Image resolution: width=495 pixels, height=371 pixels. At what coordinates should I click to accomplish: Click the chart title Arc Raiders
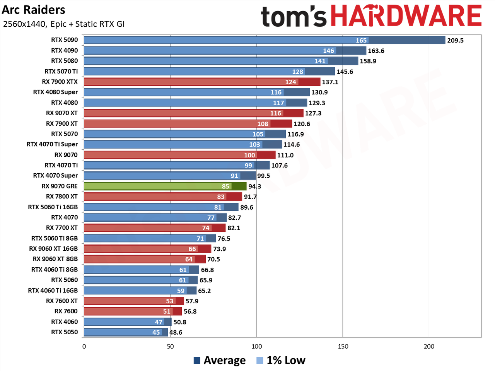point(33,10)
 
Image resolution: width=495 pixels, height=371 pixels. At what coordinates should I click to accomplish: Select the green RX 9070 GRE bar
point(165,186)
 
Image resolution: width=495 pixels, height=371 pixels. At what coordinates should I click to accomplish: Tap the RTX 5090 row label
point(64,40)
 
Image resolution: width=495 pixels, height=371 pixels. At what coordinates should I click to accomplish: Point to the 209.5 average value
point(455,40)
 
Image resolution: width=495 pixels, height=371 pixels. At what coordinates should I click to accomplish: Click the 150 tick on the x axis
point(343,346)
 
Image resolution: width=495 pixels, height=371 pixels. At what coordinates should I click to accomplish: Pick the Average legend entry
point(220,361)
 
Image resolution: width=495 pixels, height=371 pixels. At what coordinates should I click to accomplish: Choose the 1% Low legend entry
point(281,361)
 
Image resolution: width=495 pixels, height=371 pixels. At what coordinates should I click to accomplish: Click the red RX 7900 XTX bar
point(202,82)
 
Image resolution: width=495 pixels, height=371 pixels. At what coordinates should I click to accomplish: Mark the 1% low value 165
point(361,40)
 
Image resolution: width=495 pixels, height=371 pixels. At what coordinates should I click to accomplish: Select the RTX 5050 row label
point(64,332)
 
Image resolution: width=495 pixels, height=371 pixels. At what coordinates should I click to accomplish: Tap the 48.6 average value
point(176,332)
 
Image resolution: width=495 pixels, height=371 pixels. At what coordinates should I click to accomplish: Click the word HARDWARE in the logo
point(406,16)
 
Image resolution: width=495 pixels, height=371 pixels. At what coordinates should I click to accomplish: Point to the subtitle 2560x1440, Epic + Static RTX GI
point(63,24)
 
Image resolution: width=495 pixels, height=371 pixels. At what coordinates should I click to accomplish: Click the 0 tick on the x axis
point(84,346)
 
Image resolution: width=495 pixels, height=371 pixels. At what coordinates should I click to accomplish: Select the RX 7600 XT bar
point(134,301)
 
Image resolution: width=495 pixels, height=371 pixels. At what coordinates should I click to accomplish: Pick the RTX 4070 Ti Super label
point(52,144)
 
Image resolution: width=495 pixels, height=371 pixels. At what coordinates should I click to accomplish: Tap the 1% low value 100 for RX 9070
point(249,155)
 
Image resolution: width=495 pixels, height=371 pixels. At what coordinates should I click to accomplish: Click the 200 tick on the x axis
point(429,346)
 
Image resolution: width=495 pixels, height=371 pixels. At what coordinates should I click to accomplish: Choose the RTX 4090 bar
point(225,51)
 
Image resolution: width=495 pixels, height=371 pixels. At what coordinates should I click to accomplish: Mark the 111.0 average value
point(285,155)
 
